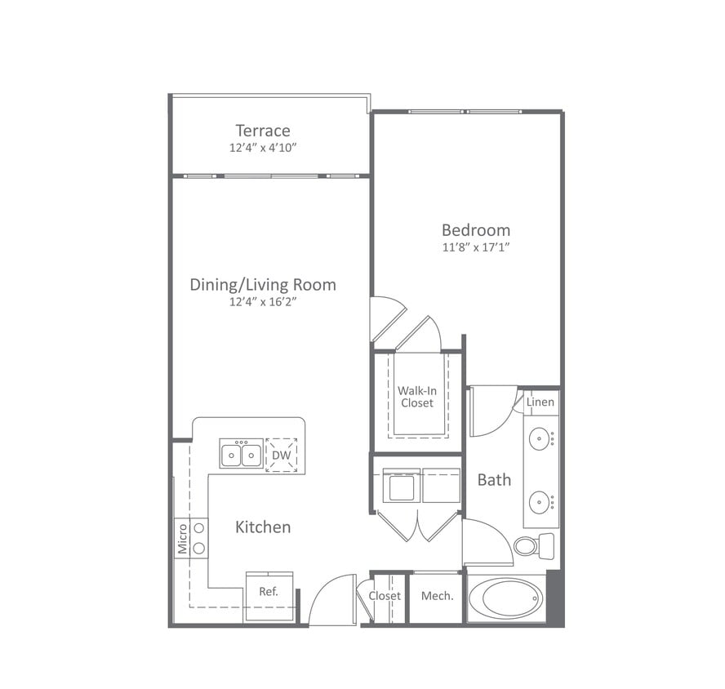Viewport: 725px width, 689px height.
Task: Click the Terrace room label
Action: tap(263, 131)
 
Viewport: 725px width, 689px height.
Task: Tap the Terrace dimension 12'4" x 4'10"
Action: tap(263, 149)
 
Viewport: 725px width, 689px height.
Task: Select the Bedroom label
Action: tap(476, 230)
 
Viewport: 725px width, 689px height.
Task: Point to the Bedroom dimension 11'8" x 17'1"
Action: tap(476, 247)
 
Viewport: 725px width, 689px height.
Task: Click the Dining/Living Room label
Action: tap(263, 285)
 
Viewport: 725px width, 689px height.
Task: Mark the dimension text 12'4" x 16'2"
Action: tap(263, 302)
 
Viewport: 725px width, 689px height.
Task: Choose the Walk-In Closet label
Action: tap(416, 397)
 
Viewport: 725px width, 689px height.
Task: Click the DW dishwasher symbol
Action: tap(281, 455)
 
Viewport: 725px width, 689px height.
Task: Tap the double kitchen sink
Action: tap(241, 454)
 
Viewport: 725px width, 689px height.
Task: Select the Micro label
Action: tap(182, 539)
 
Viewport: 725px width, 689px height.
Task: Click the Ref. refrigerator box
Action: tap(269, 593)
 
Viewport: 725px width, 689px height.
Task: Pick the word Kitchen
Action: tap(263, 527)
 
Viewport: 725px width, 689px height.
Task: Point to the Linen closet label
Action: tap(540, 402)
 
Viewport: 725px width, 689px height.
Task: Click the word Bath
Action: tap(494, 480)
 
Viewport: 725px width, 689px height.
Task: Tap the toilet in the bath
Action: tap(532, 545)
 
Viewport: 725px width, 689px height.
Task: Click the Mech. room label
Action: tap(437, 597)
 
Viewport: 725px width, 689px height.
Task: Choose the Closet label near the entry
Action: tap(385, 597)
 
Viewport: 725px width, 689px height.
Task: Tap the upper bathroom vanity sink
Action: tap(539, 439)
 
